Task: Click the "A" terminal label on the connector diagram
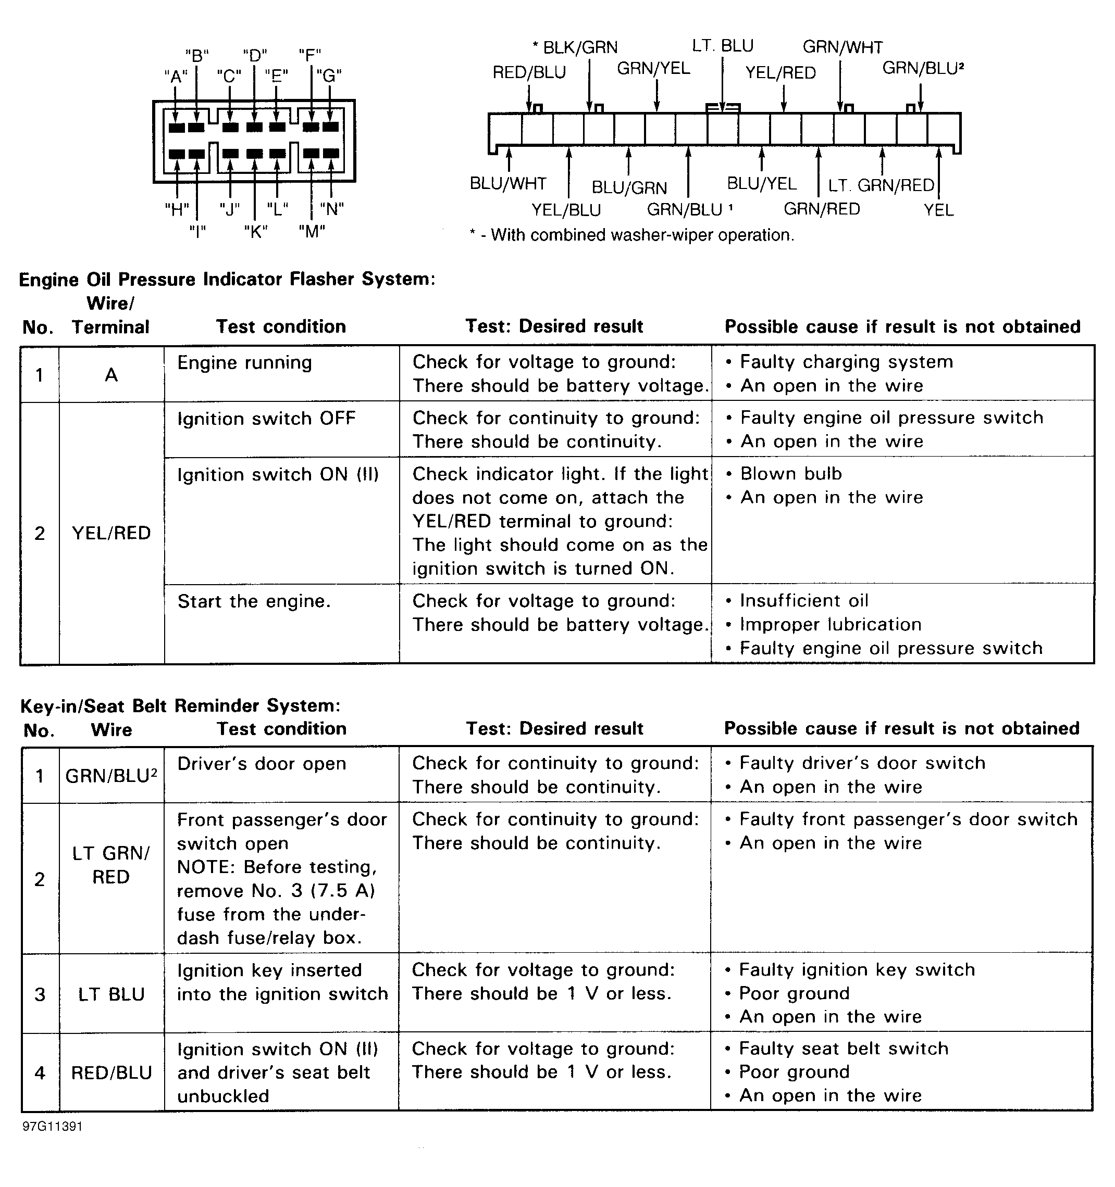[175, 77]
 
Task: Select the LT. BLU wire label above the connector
[723, 46]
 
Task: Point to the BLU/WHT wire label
[508, 183]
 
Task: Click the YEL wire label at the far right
[938, 210]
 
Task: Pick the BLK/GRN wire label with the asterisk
[575, 47]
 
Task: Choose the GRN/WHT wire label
[842, 47]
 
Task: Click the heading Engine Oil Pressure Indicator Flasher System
[227, 280]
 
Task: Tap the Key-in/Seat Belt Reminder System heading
[180, 706]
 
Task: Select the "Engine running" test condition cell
[244, 363]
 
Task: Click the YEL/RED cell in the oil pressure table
[111, 533]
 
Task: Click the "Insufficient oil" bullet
[803, 601]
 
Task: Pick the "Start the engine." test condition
[254, 601]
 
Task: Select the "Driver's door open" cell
[262, 764]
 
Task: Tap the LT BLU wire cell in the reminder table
[111, 995]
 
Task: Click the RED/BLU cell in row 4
[111, 1073]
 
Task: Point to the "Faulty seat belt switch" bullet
[843, 1049]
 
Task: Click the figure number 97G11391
[53, 1127]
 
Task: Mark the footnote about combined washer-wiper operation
[632, 235]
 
